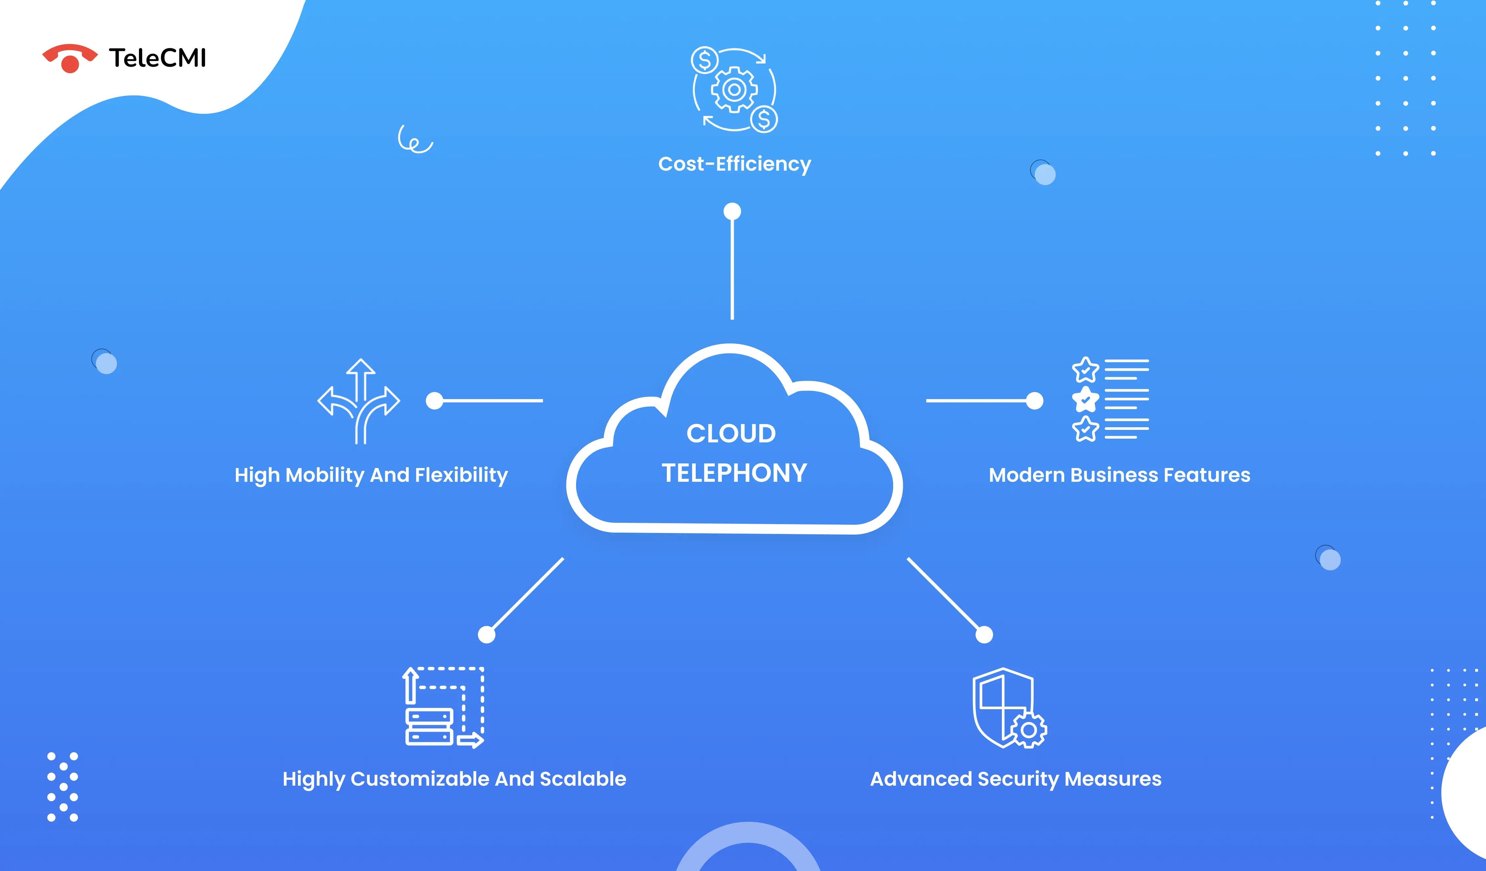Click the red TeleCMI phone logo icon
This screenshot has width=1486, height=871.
click(x=70, y=58)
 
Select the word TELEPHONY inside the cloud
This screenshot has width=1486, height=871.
click(x=734, y=473)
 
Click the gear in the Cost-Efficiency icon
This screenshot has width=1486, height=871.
click(x=734, y=90)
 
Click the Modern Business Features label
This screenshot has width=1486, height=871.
click(x=1119, y=475)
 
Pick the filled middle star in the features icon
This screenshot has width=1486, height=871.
click(x=1085, y=399)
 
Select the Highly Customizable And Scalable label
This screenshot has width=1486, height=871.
click(x=454, y=779)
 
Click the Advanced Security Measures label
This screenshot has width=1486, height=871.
click(x=1015, y=779)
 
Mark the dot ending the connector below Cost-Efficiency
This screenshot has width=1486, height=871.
click(x=732, y=211)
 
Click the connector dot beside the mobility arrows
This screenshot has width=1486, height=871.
click(x=435, y=401)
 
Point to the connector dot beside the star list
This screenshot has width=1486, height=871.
click(x=1034, y=401)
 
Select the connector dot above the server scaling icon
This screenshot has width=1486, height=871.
click(x=486, y=635)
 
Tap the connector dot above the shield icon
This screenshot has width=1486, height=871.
click(x=984, y=635)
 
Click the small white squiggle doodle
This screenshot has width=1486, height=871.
click(x=415, y=140)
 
